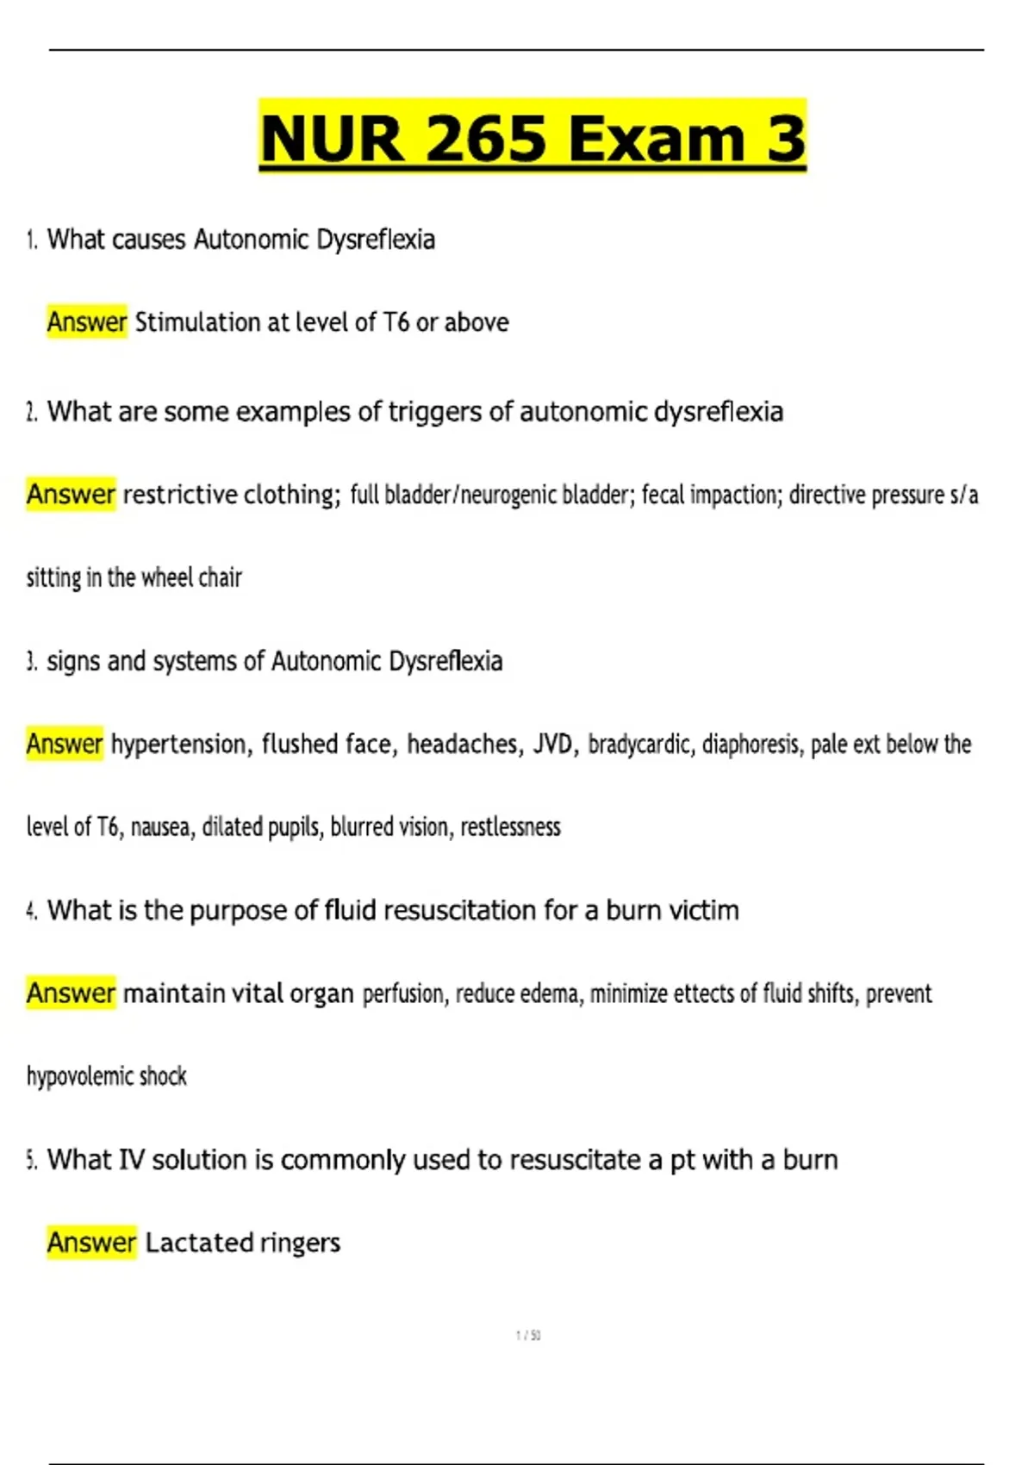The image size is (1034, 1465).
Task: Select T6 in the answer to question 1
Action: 396,322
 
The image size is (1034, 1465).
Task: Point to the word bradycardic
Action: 639,744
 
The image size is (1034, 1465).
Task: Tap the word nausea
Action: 159,827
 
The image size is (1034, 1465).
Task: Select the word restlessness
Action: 510,827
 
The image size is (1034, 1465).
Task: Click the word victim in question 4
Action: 707,910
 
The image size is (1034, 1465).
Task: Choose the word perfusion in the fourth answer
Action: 403,994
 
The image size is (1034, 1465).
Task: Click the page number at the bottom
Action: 528,1336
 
